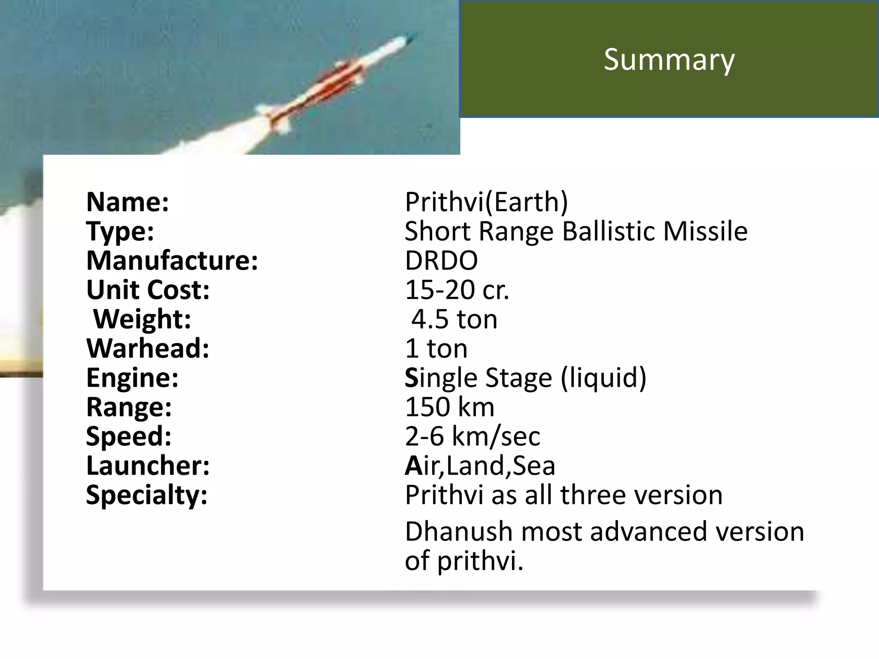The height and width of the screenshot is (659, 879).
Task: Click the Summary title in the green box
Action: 669,59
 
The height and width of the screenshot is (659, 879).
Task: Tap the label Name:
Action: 127,202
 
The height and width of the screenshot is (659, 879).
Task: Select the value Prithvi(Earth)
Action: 486,202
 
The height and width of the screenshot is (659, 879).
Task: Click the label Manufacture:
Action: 172,260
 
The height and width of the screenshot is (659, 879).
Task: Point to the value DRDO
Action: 441,260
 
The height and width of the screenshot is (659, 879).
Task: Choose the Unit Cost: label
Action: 148,290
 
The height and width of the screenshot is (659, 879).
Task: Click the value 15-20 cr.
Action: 457,290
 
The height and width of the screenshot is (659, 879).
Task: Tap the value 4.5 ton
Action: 455,319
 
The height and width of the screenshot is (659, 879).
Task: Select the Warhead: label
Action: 148,348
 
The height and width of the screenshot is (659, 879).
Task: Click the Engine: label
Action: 132,378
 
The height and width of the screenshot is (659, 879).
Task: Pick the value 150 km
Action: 449,407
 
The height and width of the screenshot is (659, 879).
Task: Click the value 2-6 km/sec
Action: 472,436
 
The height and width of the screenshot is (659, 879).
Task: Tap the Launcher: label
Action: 148,466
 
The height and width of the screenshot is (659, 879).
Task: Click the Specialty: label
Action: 147,495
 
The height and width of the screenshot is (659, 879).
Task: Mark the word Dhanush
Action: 459,531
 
